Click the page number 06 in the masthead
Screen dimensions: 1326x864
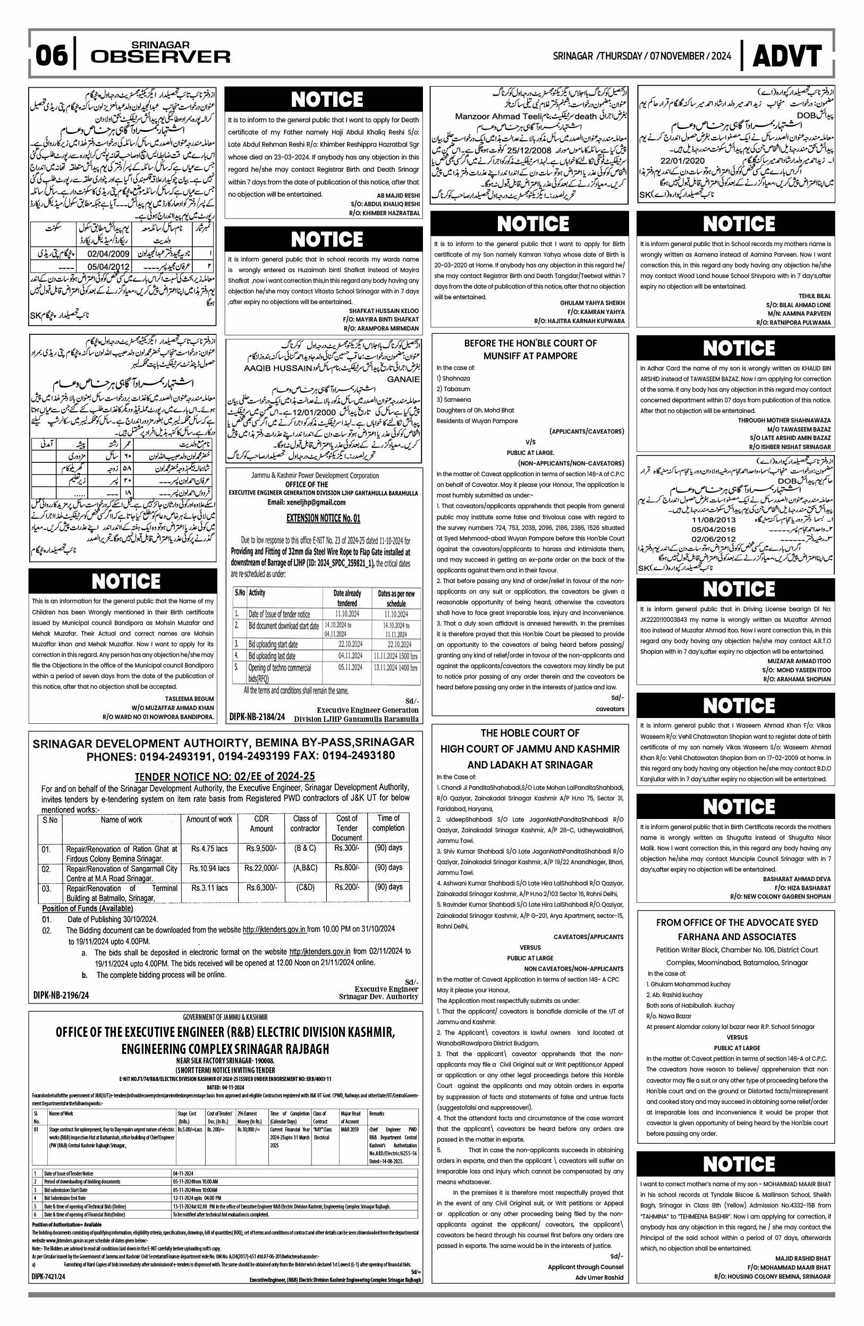click(51, 57)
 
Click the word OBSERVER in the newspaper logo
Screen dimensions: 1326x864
click(160, 57)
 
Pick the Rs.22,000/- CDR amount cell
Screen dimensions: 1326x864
click(262, 868)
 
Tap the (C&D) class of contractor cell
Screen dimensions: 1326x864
click(304, 887)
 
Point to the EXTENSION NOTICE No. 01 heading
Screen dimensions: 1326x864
click(323, 518)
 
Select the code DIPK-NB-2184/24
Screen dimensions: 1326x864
click(257, 717)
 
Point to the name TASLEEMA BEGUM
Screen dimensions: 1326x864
click(189, 698)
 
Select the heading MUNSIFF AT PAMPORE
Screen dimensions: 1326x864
click(530, 356)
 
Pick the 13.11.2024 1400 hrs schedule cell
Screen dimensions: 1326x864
click(395, 667)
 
